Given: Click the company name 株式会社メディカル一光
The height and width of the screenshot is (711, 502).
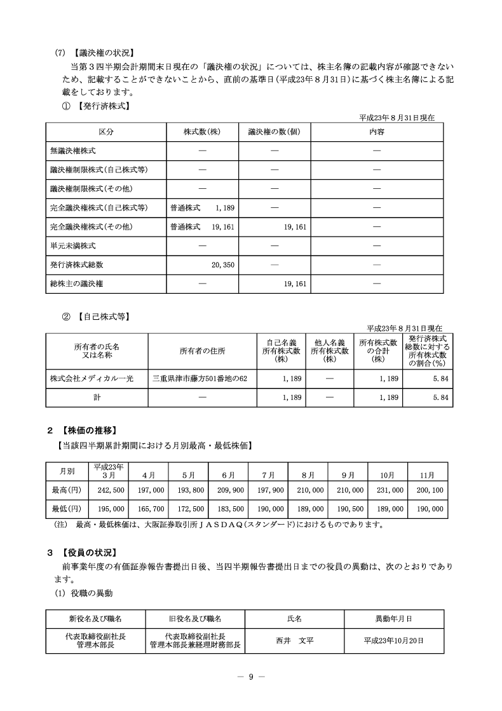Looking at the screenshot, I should tap(92, 378).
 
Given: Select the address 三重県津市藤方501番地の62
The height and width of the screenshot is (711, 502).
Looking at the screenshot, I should tap(200, 378).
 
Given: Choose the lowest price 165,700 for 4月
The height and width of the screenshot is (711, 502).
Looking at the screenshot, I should tap(151, 509).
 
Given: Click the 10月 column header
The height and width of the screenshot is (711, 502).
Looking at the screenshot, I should tap(388, 474).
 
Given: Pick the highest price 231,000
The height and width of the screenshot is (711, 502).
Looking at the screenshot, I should tap(388, 490).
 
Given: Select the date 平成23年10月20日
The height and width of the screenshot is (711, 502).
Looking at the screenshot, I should tap(393, 640).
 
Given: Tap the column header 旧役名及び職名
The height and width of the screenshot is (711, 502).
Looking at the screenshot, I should tap(195, 618).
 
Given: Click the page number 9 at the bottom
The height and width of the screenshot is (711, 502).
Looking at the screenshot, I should tap(251, 676).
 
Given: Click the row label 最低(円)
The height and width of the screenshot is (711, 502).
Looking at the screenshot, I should tap(67, 509).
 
